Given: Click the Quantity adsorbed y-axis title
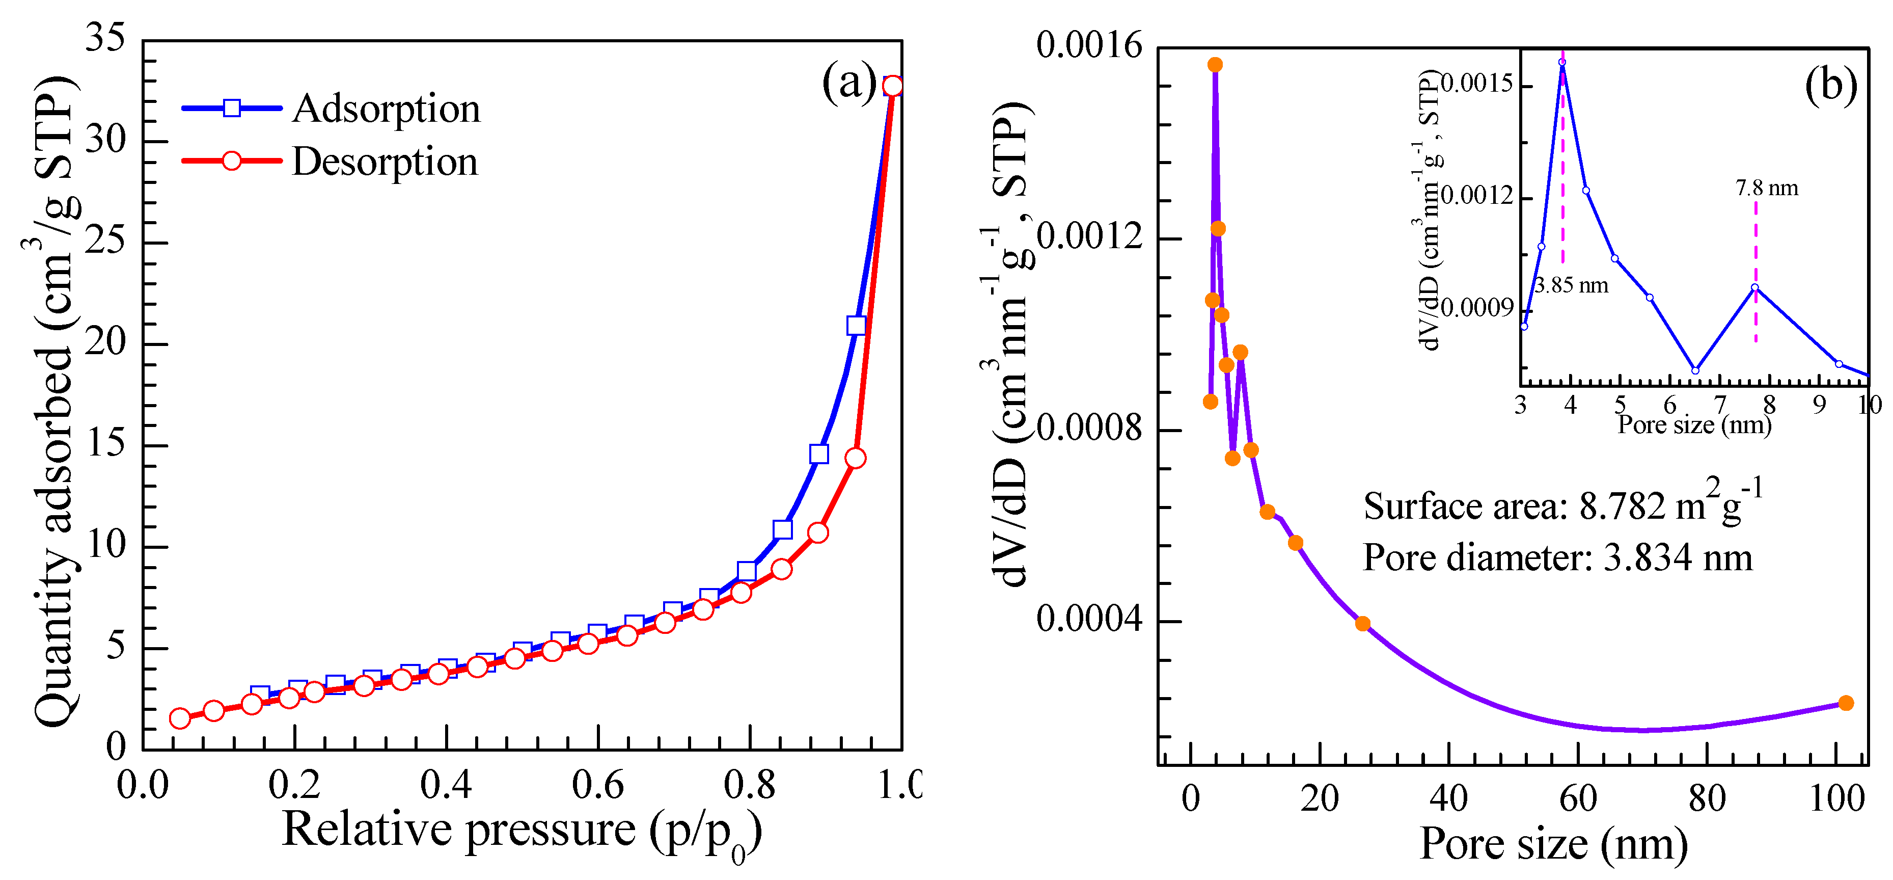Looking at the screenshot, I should (x=55, y=401).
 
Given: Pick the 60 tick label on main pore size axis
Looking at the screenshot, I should (x=1577, y=798).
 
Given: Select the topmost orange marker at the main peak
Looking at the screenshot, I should (x=1215, y=65).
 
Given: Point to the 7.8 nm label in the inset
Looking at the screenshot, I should (x=1767, y=188).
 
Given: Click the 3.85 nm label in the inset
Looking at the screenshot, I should (x=1571, y=285).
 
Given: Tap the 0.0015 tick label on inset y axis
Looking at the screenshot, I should (x=1477, y=84).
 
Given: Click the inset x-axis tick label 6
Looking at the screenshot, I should (x=1669, y=405).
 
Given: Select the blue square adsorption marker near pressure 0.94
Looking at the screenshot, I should (x=856, y=326).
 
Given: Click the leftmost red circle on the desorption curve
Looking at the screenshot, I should (x=180, y=718).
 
